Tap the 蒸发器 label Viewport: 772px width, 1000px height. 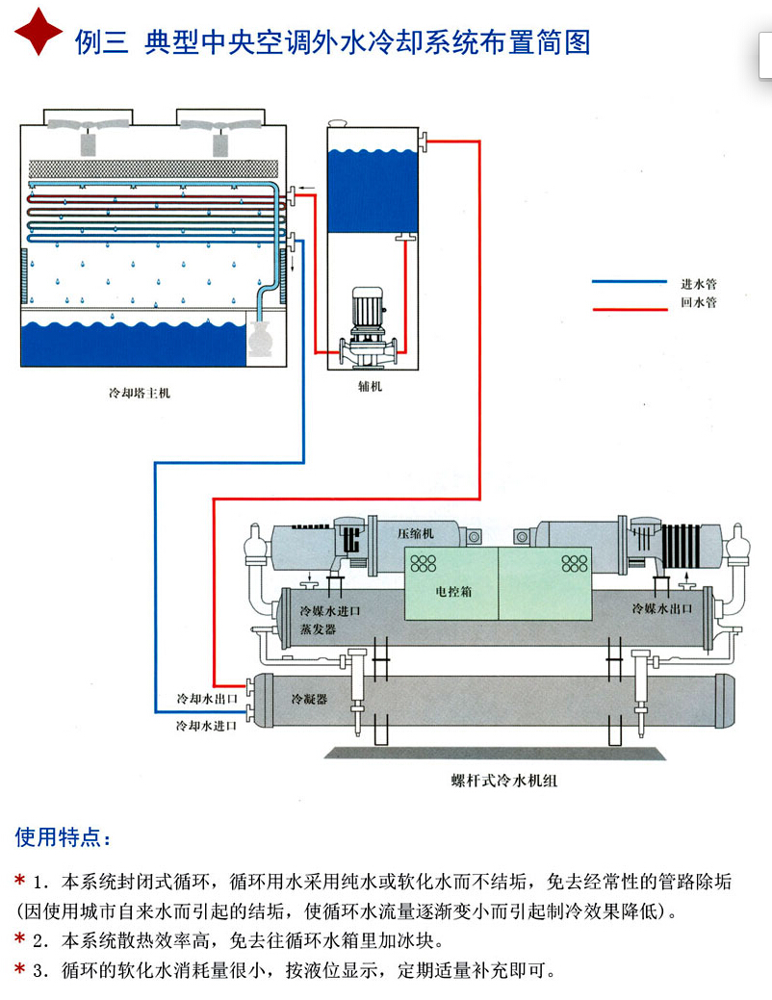click(x=318, y=629)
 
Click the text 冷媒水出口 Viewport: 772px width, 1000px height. click(x=665, y=609)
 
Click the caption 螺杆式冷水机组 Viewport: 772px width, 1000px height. click(x=503, y=781)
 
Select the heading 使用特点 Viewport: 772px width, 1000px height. click(x=64, y=837)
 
